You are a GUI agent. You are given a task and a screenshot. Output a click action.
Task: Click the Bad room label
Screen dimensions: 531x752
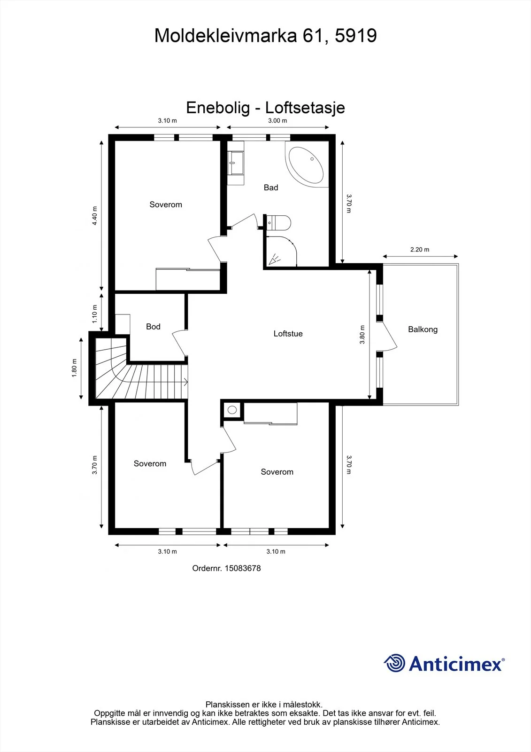point(271,188)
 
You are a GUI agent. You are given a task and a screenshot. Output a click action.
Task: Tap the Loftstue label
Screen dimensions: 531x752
point(288,333)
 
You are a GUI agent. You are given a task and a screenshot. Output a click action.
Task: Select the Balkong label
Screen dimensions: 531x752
point(423,329)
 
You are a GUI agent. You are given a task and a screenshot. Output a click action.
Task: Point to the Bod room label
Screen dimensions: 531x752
point(153,326)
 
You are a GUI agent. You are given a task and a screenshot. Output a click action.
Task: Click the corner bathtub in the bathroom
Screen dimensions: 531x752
point(306,164)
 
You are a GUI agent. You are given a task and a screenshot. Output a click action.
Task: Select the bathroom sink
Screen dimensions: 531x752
point(236,163)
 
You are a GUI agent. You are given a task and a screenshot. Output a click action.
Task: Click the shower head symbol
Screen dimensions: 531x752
point(275,259)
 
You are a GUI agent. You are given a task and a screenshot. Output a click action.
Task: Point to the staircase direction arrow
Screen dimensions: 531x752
point(185,382)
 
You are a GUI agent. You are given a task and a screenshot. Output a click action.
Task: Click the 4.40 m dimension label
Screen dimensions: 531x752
point(94,216)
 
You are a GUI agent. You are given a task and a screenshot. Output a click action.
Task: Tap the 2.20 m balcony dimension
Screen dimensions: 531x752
point(420,250)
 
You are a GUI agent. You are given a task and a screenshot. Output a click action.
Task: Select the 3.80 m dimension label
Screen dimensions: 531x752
point(362,334)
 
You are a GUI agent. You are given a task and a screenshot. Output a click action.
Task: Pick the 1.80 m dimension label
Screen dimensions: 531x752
point(75,368)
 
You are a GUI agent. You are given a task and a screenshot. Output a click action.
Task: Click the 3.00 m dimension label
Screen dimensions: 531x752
point(277,120)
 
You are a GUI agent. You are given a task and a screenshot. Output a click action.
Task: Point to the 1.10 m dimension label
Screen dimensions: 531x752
point(94,314)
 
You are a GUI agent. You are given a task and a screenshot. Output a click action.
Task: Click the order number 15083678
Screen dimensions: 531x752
point(243,568)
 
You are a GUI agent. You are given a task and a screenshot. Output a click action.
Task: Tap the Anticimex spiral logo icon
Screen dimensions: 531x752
point(394,663)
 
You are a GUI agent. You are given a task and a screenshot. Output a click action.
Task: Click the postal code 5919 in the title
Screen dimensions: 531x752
point(356,35)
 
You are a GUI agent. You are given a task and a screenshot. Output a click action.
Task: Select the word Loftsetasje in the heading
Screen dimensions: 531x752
point(305,108)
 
